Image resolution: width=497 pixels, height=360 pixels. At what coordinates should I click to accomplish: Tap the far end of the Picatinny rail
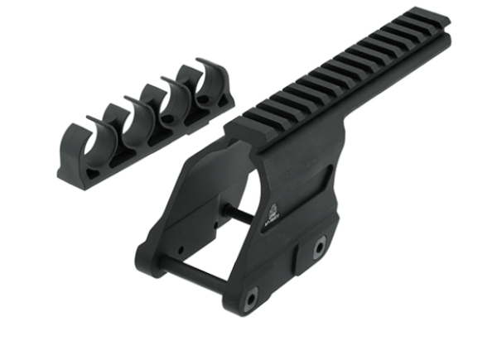click(434, 21)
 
